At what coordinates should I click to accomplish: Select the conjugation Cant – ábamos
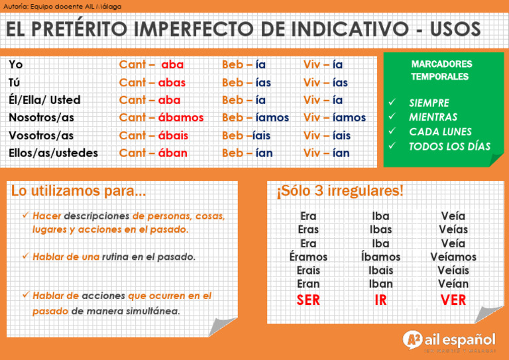[161, 117]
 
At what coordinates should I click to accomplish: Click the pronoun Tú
[15, 82]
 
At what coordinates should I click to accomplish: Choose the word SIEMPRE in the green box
[429, 103]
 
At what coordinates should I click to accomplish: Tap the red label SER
[308, 300]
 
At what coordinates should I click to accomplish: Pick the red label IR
[380, 300]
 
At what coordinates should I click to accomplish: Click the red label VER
[453, 300]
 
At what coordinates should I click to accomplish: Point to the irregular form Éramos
[308, 257]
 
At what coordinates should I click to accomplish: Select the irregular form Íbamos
[380, 257]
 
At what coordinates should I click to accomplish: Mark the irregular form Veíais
[453, 270]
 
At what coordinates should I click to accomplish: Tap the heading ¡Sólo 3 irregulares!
[339, 192]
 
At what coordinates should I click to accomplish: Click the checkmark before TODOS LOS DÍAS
[392, 145]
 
